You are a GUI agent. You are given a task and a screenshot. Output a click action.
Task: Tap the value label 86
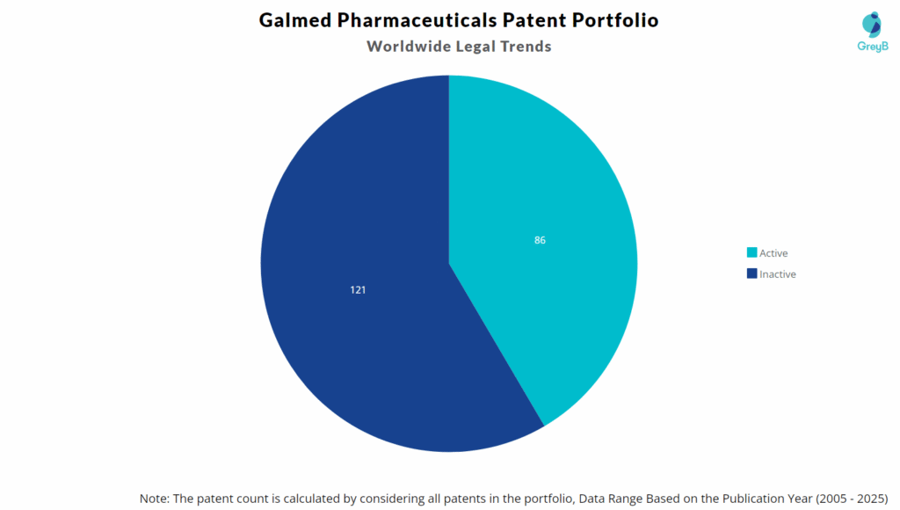click(x=540, y=240)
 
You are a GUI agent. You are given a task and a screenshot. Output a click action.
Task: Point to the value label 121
click(x=358, y=289)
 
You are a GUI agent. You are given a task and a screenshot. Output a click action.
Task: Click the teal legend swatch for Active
click(x=751, y=253)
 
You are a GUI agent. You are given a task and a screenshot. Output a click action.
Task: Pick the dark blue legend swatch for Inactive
click(x=751, y=274)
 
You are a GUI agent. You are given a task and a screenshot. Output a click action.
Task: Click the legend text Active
click(x=773, y=253)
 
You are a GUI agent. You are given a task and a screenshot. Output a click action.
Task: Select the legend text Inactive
click(x=778, y=274)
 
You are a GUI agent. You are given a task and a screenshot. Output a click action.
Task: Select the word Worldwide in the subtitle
click(x=406, y=47)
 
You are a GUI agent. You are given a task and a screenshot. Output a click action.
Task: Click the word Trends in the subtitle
click(x=524, y=47)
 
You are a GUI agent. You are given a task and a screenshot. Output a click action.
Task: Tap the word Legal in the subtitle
click(x=470, y=47)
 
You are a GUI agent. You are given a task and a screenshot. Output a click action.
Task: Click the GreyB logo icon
click(x=872, y=24)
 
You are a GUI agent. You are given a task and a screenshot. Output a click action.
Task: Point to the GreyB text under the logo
click(x=872, y=46)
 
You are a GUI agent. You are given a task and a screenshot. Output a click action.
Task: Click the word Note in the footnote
click(x=155, y=499)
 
